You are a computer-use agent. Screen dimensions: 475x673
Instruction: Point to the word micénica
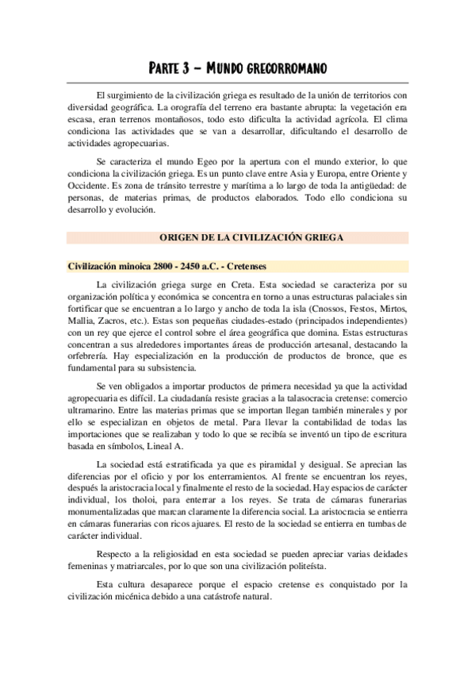pyautogui.click(x=126, y=597)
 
